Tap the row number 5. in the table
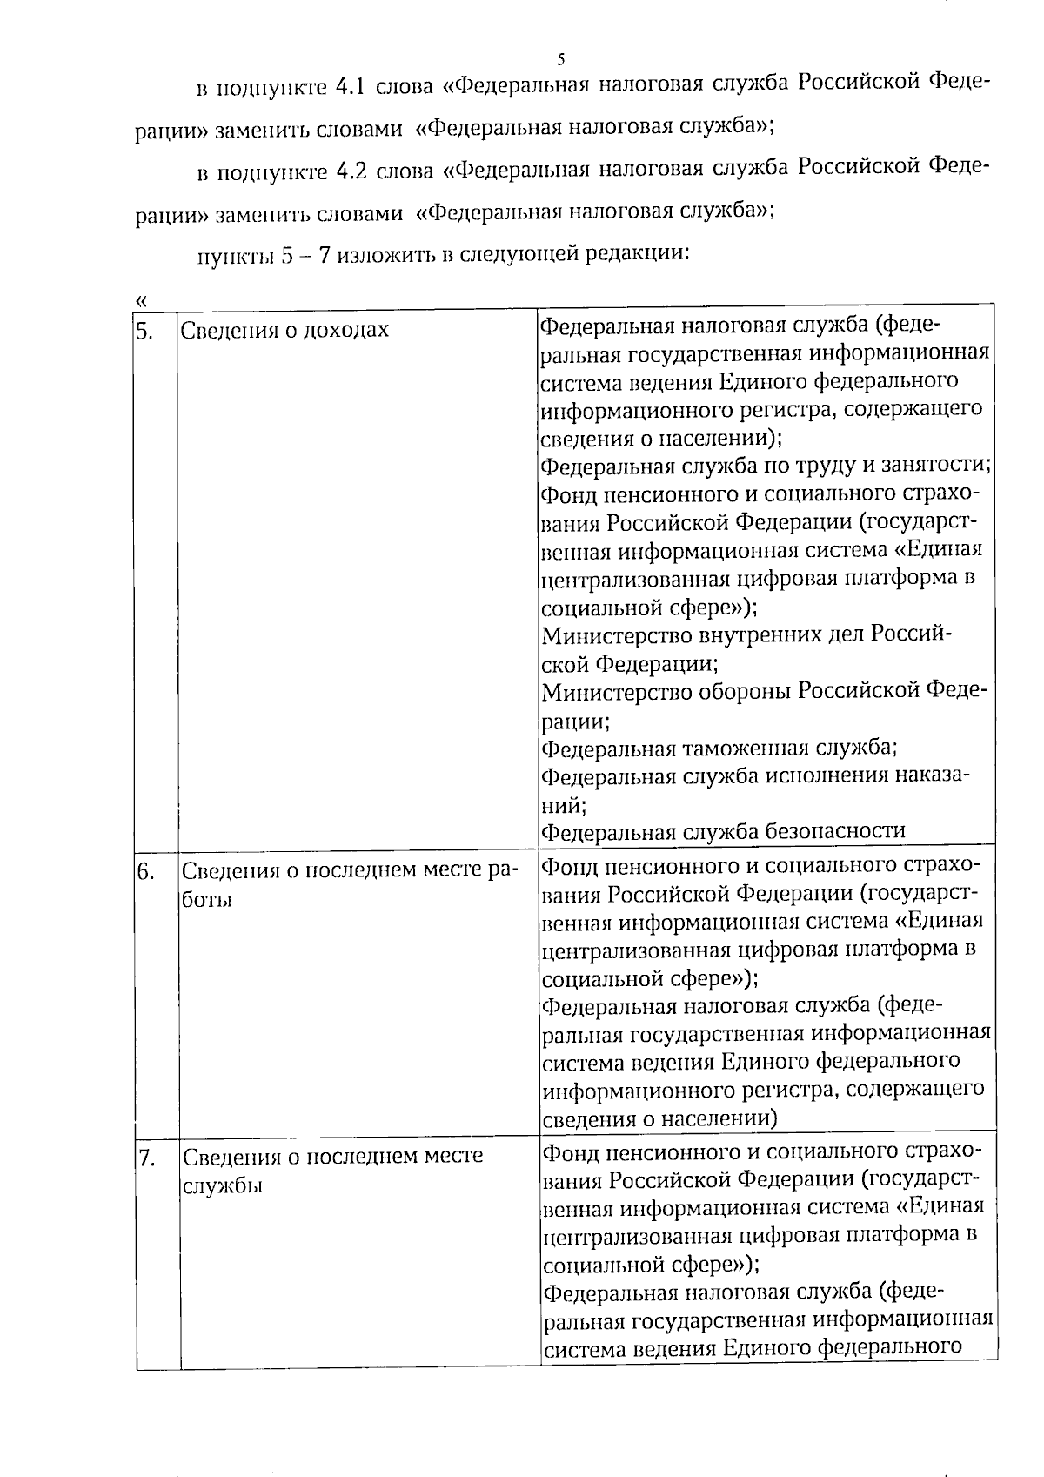click(144, 330)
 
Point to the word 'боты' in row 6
click(207, 900)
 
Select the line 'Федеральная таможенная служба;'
click(719, 748)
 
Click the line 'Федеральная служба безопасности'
click(723, 831)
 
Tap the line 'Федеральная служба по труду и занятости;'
click(766, 467)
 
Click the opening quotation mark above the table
click(141, 299)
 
